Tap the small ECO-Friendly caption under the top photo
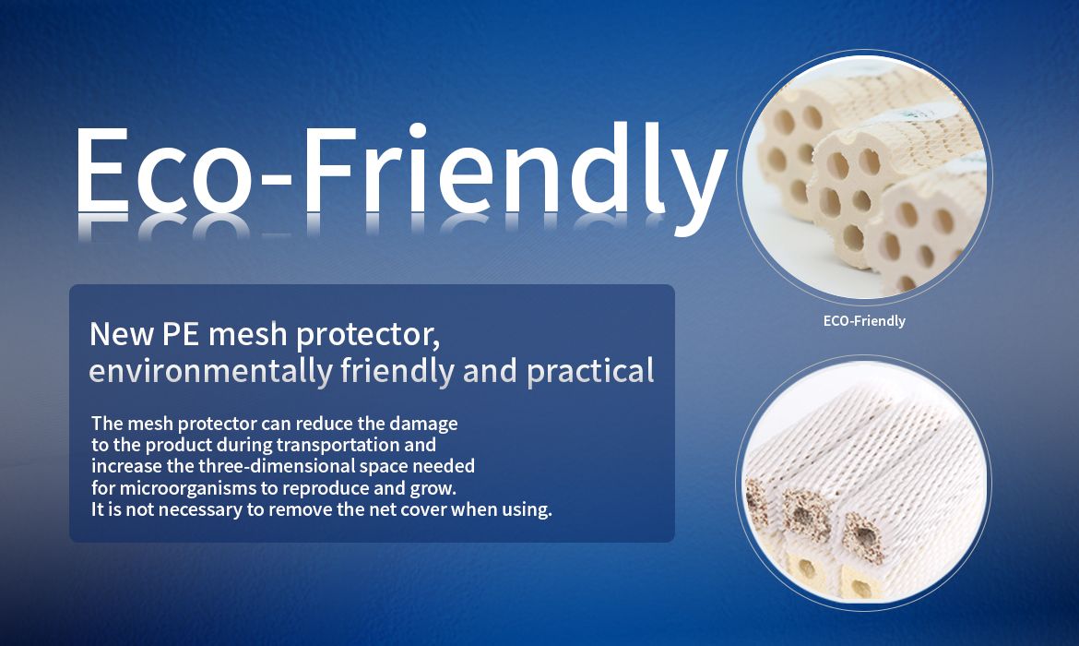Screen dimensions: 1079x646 coord(864,321)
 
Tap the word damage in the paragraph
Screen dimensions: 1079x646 coord(423,425)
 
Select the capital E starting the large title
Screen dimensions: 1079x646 coord(101,170)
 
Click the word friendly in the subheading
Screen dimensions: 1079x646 coord(397,370)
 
